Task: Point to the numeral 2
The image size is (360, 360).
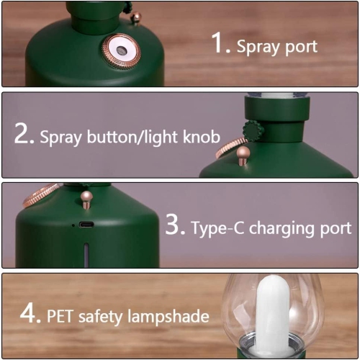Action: point(24,134)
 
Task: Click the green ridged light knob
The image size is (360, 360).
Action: point(253,131)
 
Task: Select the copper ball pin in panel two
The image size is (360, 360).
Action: point(243,153)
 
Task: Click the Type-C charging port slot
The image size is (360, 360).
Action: point(86,225)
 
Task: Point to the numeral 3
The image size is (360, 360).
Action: point(175,225)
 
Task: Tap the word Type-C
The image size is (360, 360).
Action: point(217,228)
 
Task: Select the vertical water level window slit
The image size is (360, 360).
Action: point(86,254)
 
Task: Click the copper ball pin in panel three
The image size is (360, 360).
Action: point(86,197)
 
